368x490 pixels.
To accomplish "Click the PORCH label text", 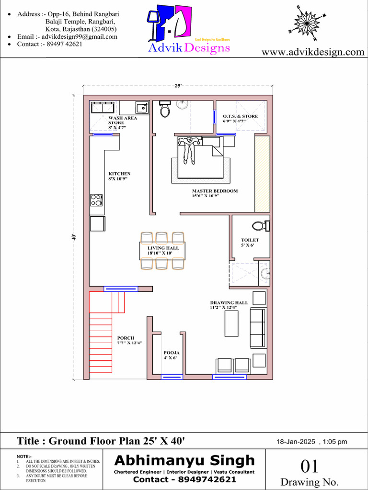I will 126,338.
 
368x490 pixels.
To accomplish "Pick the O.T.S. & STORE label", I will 240,116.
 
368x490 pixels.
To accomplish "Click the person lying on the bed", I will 188,148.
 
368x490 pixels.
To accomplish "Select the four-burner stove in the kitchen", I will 96,200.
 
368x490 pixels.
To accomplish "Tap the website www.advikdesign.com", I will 313,52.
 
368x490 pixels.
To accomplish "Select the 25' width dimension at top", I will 178,86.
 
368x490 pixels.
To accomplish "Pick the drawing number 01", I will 310,466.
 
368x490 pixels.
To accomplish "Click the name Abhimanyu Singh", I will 184,460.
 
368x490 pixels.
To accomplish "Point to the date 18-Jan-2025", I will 296,442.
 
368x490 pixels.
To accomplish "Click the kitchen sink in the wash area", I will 142,108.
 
